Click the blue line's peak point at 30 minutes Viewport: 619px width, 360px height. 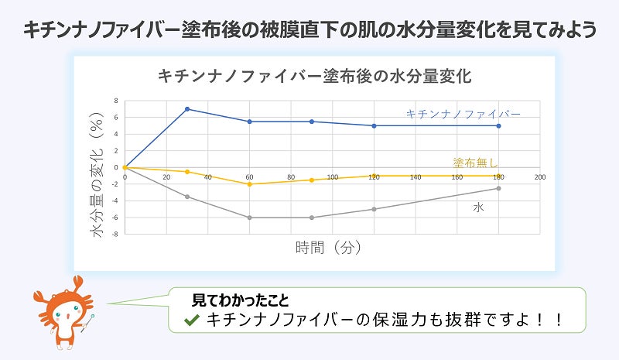click(x=187, y=108)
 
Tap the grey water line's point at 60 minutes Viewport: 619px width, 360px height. click(x=249, y=218)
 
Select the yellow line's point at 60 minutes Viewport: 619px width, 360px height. click(x=249, y=184)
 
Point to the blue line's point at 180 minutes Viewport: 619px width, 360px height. click(x=499, y=125)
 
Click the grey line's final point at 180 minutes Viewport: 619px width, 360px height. click(x=499, y=188)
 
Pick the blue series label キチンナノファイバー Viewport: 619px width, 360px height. click(x=463, y=114)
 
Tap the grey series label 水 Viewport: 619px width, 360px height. click(x=479, y=208)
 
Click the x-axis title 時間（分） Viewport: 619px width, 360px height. click(x=329, y=248)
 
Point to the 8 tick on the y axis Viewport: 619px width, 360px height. click(x=115, y=101)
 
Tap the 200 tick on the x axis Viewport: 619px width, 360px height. click(x=540, y=177)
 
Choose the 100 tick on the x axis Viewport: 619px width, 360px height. click(x=333, y=177)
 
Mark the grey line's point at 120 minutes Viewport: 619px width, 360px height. click(x=374, y=209)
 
